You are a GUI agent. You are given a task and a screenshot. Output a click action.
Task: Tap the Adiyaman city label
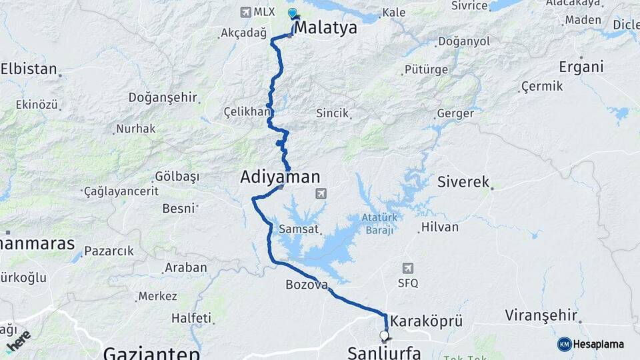[x=280, y=177]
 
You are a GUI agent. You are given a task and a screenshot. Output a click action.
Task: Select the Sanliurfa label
[x=383, y=352]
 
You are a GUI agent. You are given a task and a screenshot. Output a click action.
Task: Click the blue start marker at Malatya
[x=292, y=13]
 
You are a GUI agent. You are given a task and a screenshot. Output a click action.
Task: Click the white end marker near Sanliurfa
[x=384, y=335]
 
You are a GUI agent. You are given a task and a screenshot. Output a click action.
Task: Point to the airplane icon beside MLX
[x=245, y=12]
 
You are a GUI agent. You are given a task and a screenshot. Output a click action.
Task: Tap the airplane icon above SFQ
[x=407, y=268]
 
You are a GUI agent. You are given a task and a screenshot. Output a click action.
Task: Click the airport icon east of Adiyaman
[x=321, y=193]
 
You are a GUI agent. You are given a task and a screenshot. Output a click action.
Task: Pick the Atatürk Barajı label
[x=379, y=223]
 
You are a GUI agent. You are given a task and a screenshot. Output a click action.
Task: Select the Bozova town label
[x=307, y=285]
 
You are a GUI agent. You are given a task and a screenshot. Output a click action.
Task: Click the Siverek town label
[x=463, y=181]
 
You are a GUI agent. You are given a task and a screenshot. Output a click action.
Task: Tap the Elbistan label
[x=28, y=69]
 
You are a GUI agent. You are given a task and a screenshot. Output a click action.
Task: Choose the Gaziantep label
[x=152, y=353]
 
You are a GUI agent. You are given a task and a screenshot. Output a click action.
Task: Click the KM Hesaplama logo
[x=591, y=344]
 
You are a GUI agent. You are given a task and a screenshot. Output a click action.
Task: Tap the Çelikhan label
[x=246, y=111]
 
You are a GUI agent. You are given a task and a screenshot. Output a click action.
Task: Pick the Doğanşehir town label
[x=162, y=97]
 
